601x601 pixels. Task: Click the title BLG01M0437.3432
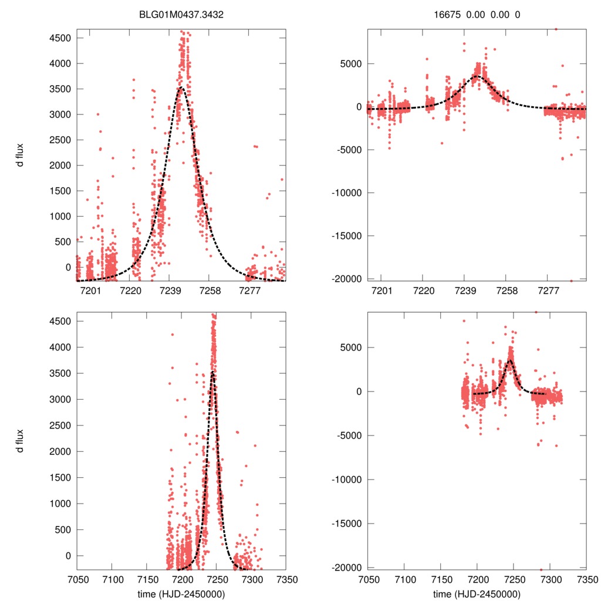tap(181, 16)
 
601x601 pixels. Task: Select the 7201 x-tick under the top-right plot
tap(381, 291)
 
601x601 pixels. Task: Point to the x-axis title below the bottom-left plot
tap(181, 594)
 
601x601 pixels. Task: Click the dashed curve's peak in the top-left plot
tap(181, 88)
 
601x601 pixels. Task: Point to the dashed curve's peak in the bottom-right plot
tap(511, 360)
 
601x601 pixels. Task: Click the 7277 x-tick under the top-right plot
tap(548, 291)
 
